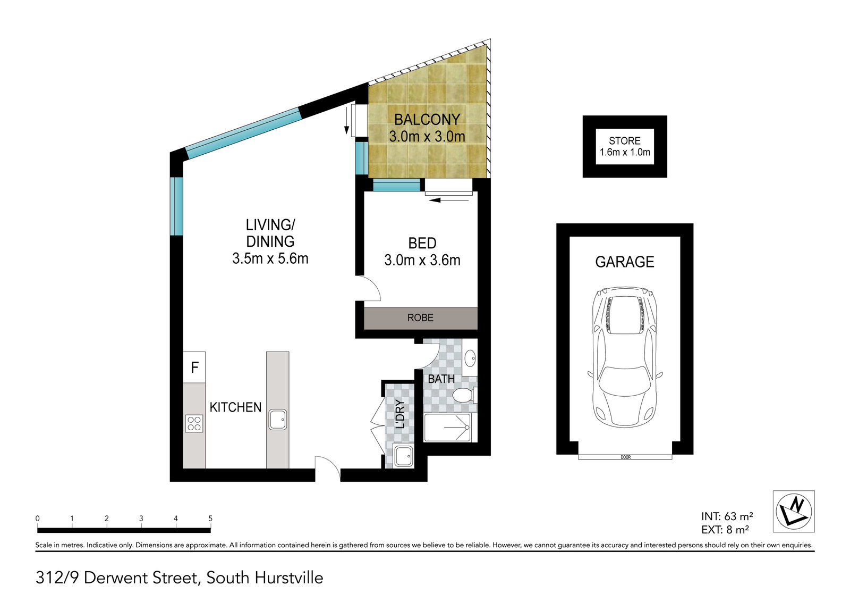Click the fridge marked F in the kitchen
tap(194, 367)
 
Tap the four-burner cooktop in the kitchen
tap(194, 423)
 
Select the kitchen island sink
tap(277, 419)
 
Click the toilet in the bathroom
tap(463, 395)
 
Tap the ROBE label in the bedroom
tap(420, 318)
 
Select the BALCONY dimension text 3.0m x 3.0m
tap(427, 137)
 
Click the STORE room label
tap(625, 141)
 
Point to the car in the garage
tap(625, 357)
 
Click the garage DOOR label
tap(625, 457)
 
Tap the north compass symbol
tap(793, 511)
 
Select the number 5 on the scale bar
tap(210, 519)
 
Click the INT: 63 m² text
tap(727, 516)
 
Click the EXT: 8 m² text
tap(725, 530)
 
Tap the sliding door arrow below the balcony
tap(449, 200)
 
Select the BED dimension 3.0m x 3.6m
tap(422, 261)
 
